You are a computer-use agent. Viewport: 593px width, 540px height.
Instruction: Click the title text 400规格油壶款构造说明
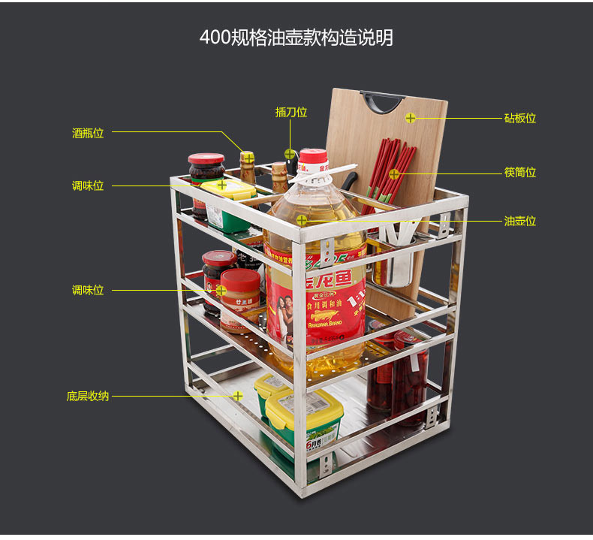pos(296,38)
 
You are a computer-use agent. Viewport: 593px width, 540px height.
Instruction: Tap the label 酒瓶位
pos(88,133)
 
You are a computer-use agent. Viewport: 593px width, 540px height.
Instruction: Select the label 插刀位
pos(291,112)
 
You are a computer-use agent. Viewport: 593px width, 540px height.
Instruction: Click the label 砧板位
pos(520,118)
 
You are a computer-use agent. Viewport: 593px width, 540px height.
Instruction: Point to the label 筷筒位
pos(520,172)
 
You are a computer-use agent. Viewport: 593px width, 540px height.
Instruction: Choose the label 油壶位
pos(520,221)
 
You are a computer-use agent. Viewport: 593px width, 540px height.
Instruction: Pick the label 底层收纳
pos(88,395)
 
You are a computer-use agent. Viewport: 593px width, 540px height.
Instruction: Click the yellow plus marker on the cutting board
pos(411,118)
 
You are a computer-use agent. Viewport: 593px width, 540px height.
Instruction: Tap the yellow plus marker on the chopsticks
pos(394,174)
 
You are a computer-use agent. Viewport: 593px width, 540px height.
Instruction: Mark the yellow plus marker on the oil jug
pos(301,220)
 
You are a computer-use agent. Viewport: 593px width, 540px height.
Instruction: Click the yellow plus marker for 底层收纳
pos(238,395)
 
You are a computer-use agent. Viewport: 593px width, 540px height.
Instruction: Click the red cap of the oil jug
pos(314,159)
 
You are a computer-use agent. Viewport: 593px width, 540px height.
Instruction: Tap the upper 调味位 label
pos(88,186)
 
